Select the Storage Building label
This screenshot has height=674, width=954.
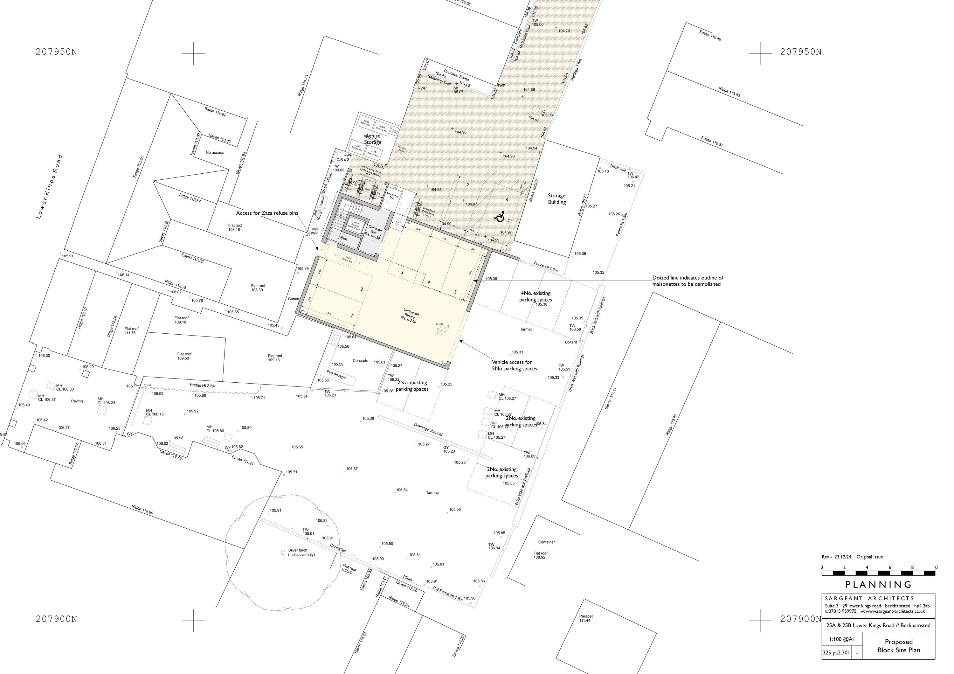coord(556,198)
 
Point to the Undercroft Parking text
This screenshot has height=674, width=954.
coord(409,316)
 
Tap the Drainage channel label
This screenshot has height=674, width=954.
coord(428,429)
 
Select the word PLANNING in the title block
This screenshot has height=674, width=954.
coord(878,585)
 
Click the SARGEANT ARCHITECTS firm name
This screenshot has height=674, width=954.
coord(870,598)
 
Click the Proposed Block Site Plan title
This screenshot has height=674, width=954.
coord(898,646)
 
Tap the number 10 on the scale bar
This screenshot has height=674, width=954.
coord(935,567)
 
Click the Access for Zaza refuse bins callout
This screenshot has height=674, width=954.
coord(267,213)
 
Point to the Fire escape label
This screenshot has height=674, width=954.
coord(336,374)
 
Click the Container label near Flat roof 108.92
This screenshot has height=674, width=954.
coord(546,542)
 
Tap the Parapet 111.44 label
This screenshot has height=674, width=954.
coord(585,618)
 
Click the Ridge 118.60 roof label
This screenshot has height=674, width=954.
coord(142,510)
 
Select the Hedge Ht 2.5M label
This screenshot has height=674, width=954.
coord(203,385)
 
